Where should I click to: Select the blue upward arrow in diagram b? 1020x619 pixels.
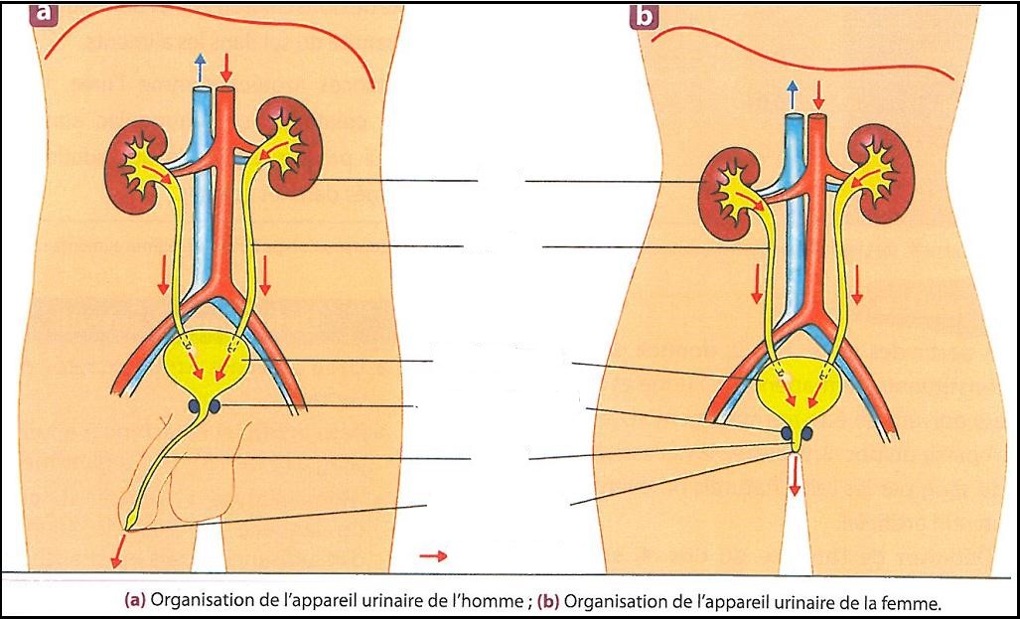[792, 94]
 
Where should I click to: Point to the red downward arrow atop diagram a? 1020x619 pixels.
[226, 68]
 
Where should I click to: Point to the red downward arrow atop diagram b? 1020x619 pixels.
[819, 94]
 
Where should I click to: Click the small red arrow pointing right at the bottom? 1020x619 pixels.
[433, 555]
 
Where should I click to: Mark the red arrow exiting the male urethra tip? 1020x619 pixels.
[119, 546]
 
